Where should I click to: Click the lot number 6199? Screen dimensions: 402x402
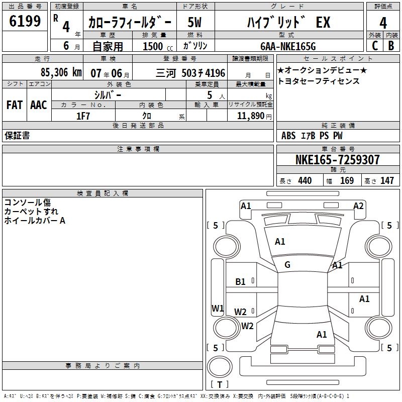(x=25, y=22)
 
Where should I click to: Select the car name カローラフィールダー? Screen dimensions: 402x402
(x=130, y=23)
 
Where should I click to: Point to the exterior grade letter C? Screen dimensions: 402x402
(x=374, y=45)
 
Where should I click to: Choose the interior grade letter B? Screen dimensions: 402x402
(x=391, y=45)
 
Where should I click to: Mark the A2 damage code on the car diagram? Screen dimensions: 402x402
(x=358, y=206)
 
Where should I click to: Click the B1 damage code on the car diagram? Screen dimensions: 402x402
(x=241, y=282)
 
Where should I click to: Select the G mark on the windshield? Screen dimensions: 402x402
(x=287, y=265)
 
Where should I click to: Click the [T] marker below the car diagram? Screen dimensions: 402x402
(x=219, y=385)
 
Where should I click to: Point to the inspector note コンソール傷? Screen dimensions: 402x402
(x=28, y=203)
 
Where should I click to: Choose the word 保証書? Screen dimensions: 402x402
(x=17, y=136)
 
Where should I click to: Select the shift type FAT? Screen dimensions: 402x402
(x=14, y=105)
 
